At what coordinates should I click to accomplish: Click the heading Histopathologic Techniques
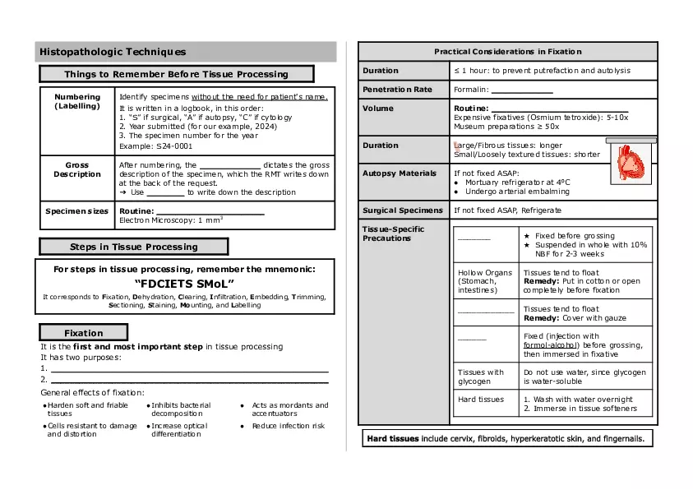pyautogui.click(x=113, y=53)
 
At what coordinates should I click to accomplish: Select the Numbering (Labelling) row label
pyautogui.click(x=77, y=102)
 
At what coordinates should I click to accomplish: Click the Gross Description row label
pyautogui.click(x=77, y=169)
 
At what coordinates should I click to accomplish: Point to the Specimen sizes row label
pyautogui.click(x=77, y=211)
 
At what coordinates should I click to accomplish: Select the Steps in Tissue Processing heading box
pyautogui.click(x=133, y=247)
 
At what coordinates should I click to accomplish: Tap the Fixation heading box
pyautogui.click(x=84, y=333)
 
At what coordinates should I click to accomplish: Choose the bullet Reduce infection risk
pyautogui.click(x=288, y=426)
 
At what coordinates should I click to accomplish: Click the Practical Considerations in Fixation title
pyautogui.click(x=507, y=52)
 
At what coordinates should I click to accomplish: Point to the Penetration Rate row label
pyautogui.click(x=397, y=90)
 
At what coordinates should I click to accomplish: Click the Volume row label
pyautogui.click(x=378, y=109)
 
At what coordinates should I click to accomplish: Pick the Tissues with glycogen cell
pyautogui.click(x=481, y=377)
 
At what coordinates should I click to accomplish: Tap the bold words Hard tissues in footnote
pyautogui.click(x=392, y=439)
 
